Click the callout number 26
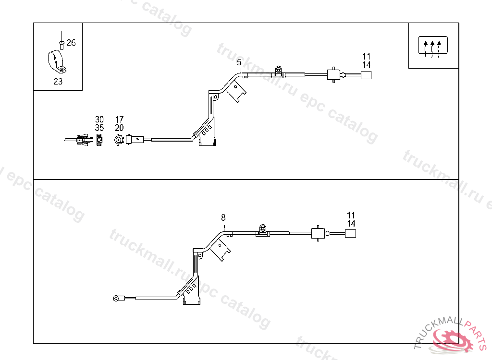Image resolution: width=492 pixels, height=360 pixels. [x=71, y=43]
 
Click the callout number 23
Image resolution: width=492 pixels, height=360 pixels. [x=58, y=82]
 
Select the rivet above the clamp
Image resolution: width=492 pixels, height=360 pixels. [x=61, y=44]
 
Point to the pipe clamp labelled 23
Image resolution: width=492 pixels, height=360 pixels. [x=57, y=61]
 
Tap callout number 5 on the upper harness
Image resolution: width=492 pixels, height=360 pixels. [x=239, y=62]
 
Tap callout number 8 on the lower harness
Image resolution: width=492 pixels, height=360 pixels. [x=223, y=217]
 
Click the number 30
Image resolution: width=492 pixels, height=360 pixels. [x=99, y=119]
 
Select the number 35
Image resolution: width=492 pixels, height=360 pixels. [x=99, y=128]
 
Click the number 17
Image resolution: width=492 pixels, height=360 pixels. [x=119, y=119]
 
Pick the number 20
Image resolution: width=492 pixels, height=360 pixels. [x=119, y=128]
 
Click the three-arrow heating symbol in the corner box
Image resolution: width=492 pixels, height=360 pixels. [x=433, y=46]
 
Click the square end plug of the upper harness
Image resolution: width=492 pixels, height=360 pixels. [x=366, y=74]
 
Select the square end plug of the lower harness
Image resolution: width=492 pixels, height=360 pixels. [x=351, y=233]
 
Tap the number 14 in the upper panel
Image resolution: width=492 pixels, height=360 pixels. [x=367, y=65]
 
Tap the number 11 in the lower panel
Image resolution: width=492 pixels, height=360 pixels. [x=351, y=215]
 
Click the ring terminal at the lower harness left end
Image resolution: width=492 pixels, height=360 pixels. [x=116, y=298]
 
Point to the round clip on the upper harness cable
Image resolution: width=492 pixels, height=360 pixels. [x=278, y=70]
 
